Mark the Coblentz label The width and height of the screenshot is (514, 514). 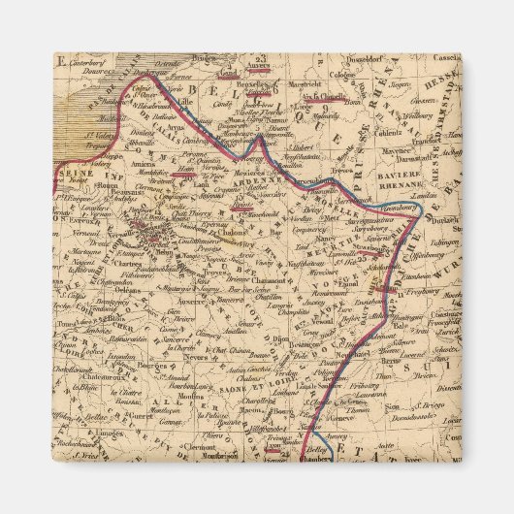click(x=393, y=134)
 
